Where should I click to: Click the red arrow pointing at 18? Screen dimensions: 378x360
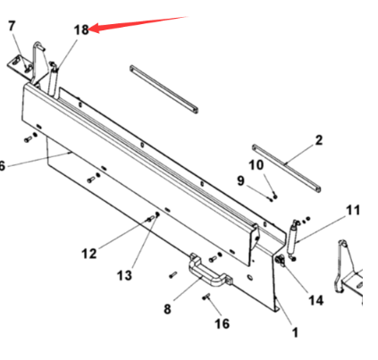139,23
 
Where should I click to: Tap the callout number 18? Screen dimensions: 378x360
81,29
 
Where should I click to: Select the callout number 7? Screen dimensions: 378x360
12,26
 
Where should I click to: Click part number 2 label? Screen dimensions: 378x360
318,140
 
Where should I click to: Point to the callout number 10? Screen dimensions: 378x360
256,164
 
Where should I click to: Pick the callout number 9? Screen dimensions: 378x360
240,180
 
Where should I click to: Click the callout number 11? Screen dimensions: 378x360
353,210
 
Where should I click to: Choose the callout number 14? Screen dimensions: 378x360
315,300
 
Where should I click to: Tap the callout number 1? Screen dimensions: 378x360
295,332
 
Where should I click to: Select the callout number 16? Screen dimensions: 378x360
223,323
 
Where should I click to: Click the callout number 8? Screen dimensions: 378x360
167,309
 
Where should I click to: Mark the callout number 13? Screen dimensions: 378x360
124,275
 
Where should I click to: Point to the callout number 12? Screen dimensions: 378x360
89,254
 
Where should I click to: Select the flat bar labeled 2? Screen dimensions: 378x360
286,169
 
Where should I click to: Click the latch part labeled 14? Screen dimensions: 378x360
280,260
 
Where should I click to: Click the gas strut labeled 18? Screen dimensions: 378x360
53,80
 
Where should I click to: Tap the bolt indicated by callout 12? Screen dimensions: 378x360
150,220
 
